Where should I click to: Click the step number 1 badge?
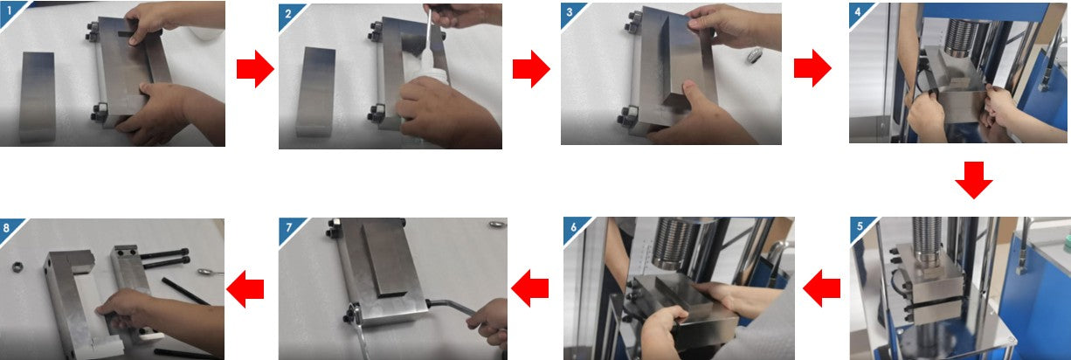coord(9,10)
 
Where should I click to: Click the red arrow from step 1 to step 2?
coord(255,69)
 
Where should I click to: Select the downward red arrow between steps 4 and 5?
coord(974,180)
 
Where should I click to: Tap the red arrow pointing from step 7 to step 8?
coord(245,288)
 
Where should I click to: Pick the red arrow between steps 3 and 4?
coord(812,68)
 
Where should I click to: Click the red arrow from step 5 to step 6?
coord(821,288)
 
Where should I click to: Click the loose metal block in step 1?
coord(38,98)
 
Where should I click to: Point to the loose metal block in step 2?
coord(314,93)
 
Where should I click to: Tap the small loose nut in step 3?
coord(755,55)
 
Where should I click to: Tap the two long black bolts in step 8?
coord(164,257)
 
